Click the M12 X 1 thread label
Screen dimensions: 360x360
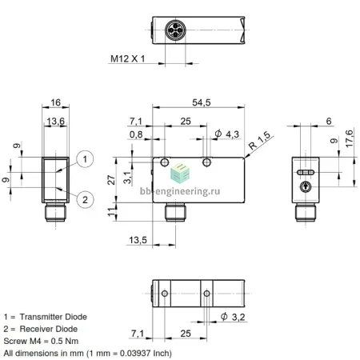pyautogui.click(x=127, y=58)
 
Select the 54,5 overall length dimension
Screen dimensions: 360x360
pyautogui.click(x=202, y=102)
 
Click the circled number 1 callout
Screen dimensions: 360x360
pyautogui.click(x=85, y=159)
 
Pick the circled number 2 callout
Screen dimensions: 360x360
pyautogui.click(x=85, y=200)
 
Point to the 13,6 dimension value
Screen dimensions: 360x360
pyautogui.click(x=55, y=122)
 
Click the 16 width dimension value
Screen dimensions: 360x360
pyautogui.click(x=55, y=102)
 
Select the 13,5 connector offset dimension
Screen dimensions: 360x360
pyautogui.click(x=138, y=240)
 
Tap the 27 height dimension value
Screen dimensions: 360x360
pyautogui.click(x=111, y=180)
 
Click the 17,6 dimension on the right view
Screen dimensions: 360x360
pyautogui.click(x=350, y=138)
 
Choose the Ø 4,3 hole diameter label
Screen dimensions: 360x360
pyautogui.click(x=227, y=134)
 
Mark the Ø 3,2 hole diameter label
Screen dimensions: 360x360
pyautogui.click(x=233, y=317)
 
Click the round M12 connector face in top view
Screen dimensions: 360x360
pyautogui.click(x=175, y=30)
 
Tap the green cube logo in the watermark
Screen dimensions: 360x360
pyautogui.click(x=180, y=173)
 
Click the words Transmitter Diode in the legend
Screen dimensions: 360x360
pyautogui.click(x=54, y=317)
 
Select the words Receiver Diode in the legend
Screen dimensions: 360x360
pyautogui.click(x=49, y=329)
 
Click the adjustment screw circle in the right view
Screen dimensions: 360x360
pyautogui.click(x=305, y=186)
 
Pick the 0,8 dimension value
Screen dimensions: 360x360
pyautogui.click(x=136, y=134)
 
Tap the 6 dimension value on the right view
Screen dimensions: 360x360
pyautogui.click(x=329, y=121)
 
